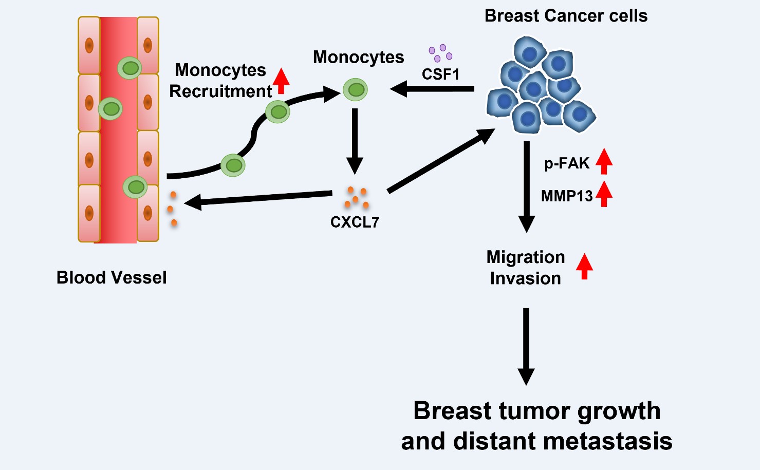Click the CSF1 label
[440, 74]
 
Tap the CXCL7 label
[355, 222]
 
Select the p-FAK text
[567, 163]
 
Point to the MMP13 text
[567, 196]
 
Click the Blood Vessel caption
[112, 277]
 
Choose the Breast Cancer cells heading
[566, 16]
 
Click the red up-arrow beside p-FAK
[604, 161]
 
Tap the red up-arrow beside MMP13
[604, 194]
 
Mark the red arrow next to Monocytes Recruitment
[281, 81]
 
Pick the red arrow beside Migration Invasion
[584, 266]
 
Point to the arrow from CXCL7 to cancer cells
[440, 161]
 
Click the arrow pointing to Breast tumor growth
[526, 347]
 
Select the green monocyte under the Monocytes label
[355, 90]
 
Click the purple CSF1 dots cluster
[440, 52]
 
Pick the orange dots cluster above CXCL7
[357, 198]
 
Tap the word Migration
[526, 257]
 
